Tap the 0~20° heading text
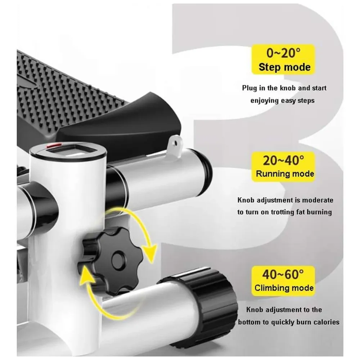tap(283, 53)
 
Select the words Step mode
tap(284, 67)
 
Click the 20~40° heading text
tap(283, 160)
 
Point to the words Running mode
tap(285, 174)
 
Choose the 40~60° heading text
tap(283, 274)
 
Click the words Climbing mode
tap(284, 288)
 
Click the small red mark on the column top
tap(54, 145)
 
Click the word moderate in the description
tap(318, 200)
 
